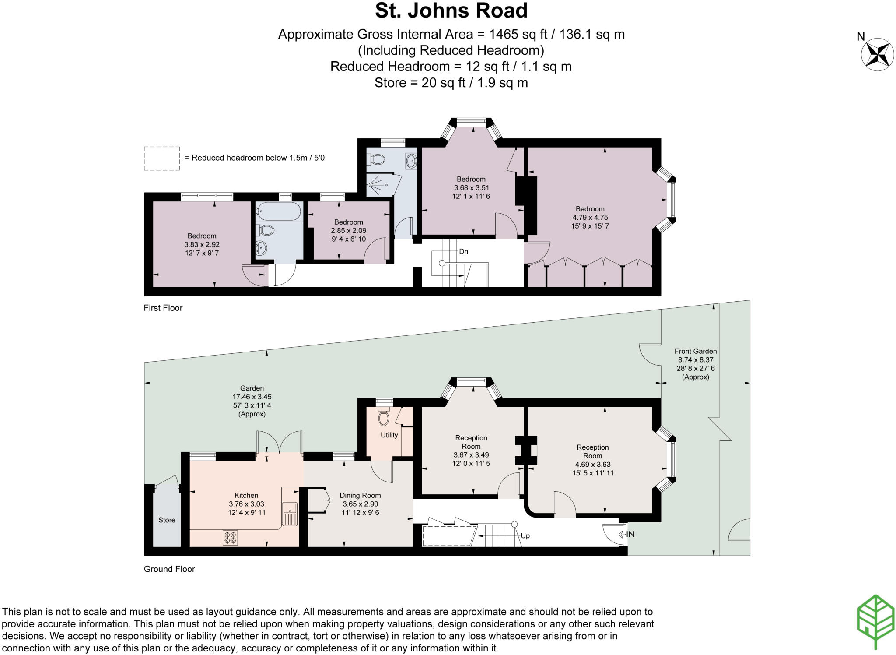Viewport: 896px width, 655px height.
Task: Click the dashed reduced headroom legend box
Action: [x=161, y=158]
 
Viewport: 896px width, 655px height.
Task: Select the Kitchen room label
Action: [x=246, y=495]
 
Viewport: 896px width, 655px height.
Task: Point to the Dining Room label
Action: [x=360, y=495]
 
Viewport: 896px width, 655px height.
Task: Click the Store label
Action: [x=167, y=520]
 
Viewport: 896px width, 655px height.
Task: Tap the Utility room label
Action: [x=389, y=435]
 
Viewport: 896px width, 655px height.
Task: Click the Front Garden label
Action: [x=695, y=351]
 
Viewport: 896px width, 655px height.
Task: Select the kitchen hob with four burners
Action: [x=230, y=537]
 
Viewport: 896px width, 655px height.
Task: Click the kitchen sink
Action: [x=290, y=508]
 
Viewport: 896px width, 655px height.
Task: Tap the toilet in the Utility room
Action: [x=384, y=417]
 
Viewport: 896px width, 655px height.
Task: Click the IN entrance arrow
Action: [x=626, y=534]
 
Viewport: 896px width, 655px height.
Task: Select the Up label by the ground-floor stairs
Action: [x=525, y=535]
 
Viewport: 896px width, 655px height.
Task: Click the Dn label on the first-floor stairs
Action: [x=463, y=251]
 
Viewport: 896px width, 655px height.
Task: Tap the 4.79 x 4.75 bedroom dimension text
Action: [x=590, y=217]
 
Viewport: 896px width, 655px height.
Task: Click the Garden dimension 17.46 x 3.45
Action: [x=252, y=397]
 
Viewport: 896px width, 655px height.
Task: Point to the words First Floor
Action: [x=163, y=308]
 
